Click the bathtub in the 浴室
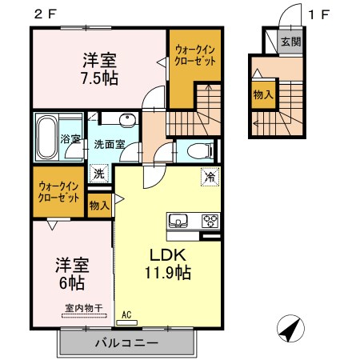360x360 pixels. (x=47, y=137)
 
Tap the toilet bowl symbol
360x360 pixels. (x=200, y=151)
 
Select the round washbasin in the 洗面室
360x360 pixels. (x=127, y=121)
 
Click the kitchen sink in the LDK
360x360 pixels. (x=178, y=221)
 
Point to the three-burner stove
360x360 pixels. (x=210, y=221)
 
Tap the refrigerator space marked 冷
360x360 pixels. (x=210, y=177)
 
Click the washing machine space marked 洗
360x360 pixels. (x=99, y=174)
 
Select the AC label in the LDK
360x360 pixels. (x=126, y=314)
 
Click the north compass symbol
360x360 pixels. (x=290, y=328)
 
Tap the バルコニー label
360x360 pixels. (x=126, y=343)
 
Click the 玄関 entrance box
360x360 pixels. (x=290, y=42)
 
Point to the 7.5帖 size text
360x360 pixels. (x=100, y=78)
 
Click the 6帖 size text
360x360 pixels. (x=72, y=283)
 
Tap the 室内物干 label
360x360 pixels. (x=84, y=308)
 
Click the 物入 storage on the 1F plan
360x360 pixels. (x=263, y=94)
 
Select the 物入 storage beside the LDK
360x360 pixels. (x=99, y=206)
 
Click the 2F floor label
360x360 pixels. (x=46, y=14)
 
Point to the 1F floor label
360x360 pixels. (x=319, y=14)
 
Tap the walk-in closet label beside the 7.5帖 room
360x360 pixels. (x=195, y=55)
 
